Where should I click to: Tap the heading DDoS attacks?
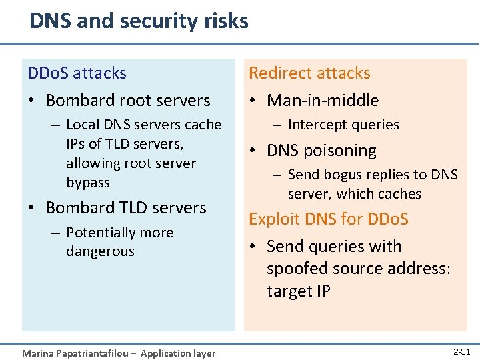pos(77,73)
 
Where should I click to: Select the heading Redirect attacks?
pos(309,73)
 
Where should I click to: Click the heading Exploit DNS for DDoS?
pos(329,219)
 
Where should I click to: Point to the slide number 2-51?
pos(461,351)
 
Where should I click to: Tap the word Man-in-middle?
pos(323,101)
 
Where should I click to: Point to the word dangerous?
pos(100,251)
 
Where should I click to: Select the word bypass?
pos(88,182)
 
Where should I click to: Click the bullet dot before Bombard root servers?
pos(31,101)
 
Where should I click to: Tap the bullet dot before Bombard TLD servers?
pos(31,208)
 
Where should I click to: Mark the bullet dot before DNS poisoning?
pos(253,151)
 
